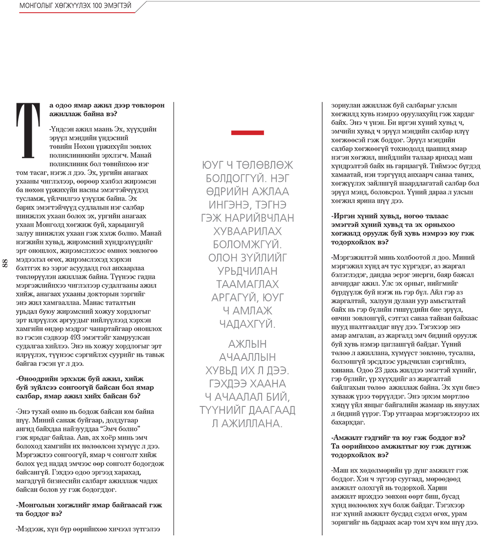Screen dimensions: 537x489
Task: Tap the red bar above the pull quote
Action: [x=247, y=133]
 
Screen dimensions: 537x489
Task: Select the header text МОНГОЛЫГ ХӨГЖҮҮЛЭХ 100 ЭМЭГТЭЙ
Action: [x=75, y=6]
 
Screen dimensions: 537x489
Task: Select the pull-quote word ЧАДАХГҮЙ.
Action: [x=248, y=324]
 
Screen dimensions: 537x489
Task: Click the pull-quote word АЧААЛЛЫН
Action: [x=248, y=357]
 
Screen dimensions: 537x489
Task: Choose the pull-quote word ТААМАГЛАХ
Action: [x=248, y=284]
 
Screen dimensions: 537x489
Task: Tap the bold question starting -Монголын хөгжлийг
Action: [x=89, y=509]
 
